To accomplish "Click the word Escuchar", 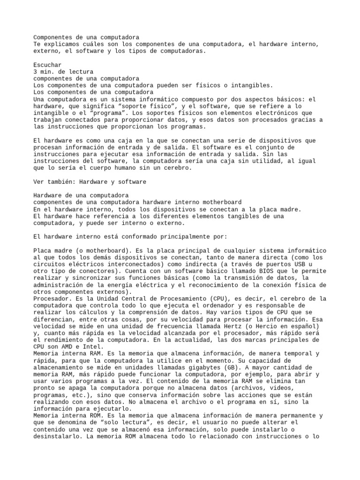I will point(47,65).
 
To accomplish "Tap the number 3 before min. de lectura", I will point(36,72).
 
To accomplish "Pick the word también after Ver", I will point(61,182).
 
